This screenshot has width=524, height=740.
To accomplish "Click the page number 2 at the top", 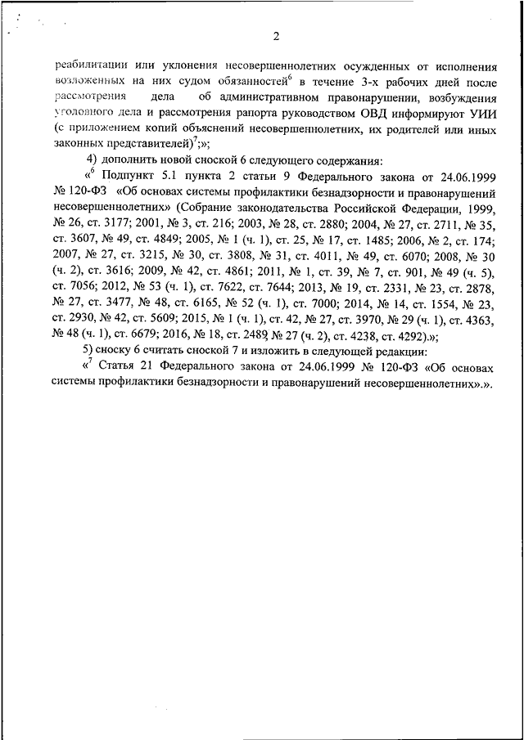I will [277, 36].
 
